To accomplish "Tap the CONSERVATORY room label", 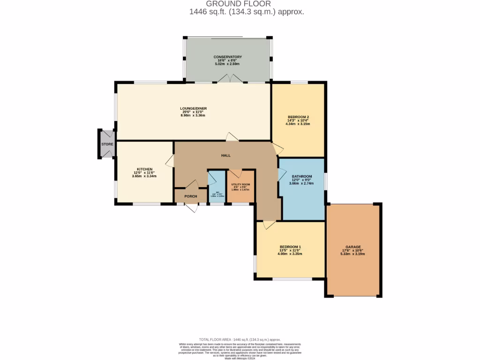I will pyautogui.click(x=227, y=57).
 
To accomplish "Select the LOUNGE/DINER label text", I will pyautogui.click(x=193, y=108).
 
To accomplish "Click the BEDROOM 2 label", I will pyautogui.click(x=298, y=117).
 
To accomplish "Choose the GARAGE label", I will pyautogui.click(x=352, y=247).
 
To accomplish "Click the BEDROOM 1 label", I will pyautogui.click(x=290, y=247).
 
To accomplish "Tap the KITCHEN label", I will pyautogui.click(x=144, y=169).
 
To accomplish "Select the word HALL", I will pyautogui.click(x=226, y=156).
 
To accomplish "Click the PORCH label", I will pyautogui.click(x=190, y=196).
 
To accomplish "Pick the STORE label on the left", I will pyautogui.click(x=107, y=144).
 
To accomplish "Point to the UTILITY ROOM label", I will pyautogui.click(x=240, y=184).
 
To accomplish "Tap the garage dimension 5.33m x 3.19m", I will pyautogui.click(x=352, y=254).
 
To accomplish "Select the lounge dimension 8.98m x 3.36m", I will pyautogui.click(x=193, y=115).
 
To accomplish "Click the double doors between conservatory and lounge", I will pyautogui.click(x=230, y=80).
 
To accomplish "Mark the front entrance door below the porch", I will pyautogui.click(x=191, y=207).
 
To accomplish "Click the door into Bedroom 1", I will pyautogui.click(x=269, y=225).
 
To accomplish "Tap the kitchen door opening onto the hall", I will pyautogui.click(x=170, y=163).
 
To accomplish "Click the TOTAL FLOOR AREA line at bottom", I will pyautogui.click(x=240, y=339).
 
